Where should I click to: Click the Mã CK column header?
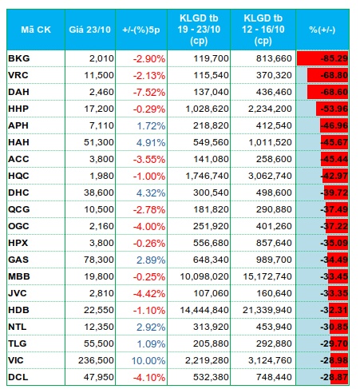(36, 30)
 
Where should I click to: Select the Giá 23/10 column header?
(89, 30)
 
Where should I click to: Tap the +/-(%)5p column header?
(141, 30)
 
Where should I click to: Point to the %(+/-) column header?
(322, 30)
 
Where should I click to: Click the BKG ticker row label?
(19, 58)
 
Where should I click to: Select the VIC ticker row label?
(16, 360)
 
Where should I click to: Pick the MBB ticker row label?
(19, 276)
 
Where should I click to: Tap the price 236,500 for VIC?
(96, 360)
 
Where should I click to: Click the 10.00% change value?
(148, 361)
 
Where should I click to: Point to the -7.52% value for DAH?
(149, 93)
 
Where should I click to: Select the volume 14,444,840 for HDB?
(204, 310)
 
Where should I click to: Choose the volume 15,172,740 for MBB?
(267, 276)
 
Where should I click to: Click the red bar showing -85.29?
(322, 58)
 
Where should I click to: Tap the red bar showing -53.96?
(332, 109)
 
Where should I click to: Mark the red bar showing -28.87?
(339, 377)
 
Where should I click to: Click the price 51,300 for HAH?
(99, 142)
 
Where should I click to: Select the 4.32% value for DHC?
(151, 193)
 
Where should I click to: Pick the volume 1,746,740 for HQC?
(207, 176)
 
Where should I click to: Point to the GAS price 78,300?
(99, 260)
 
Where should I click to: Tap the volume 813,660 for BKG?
(274, 58)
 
